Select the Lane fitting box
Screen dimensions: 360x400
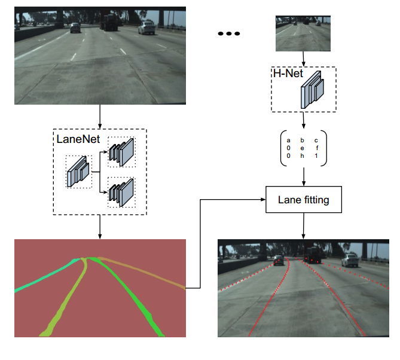coord(303,200)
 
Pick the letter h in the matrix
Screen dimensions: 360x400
coord(303,155)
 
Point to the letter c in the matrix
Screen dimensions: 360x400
coord(317,141)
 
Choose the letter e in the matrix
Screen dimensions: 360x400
coord(303,148)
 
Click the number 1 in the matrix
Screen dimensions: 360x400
coord(317,155)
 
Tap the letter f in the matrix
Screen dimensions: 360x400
coord(317,148)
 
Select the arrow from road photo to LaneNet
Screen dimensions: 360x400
coord(100,116)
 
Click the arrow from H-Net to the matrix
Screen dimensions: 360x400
coord(304,120)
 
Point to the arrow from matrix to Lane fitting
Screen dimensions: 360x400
coord(304,176)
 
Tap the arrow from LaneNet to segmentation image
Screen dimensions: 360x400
coord(100,227)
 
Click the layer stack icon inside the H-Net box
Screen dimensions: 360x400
coord(313,89)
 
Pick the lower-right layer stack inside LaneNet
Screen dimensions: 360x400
coord(122,191)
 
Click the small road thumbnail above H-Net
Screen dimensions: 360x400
coord(304,33)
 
